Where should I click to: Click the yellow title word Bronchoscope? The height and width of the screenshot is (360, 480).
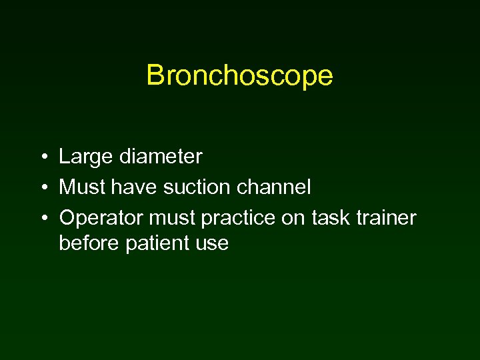point(239,75)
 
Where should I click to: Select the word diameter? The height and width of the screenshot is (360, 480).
point(160,157)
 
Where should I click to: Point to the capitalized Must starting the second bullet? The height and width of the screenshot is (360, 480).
point(81,187)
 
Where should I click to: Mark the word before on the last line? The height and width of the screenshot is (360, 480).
point(89,243)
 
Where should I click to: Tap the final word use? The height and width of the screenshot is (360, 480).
point(213,243)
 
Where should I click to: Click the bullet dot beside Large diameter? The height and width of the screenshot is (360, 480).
point(42,158)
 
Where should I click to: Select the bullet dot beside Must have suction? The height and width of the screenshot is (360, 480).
point(42,188)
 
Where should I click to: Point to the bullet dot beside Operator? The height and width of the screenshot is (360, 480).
point(42,218)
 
